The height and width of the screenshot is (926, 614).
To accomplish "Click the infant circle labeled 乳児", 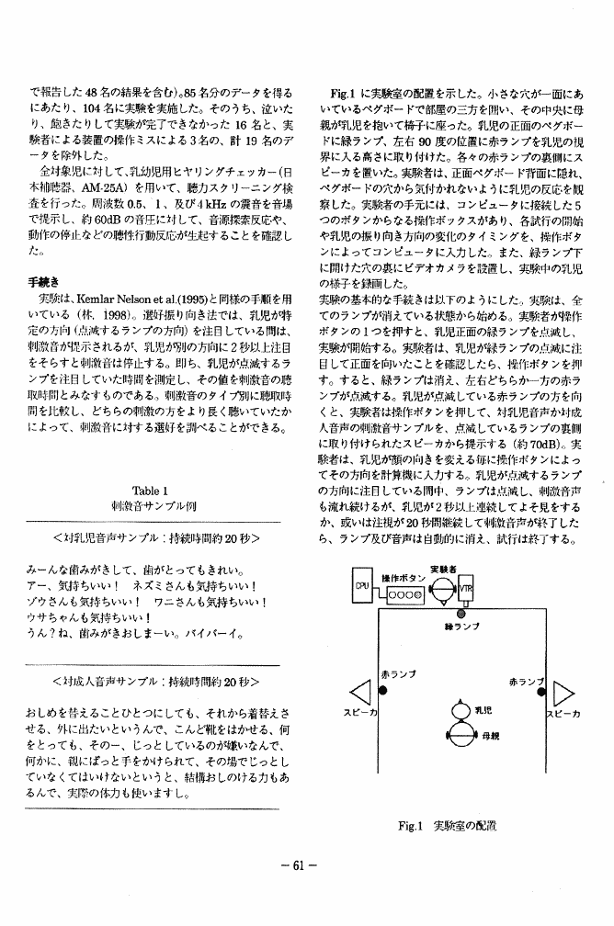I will pos(460,710).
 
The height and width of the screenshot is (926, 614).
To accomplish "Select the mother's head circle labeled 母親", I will pos(460,734).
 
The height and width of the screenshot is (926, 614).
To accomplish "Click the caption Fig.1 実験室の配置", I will pos(447,825).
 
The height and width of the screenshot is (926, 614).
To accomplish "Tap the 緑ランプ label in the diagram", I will pos(460,627).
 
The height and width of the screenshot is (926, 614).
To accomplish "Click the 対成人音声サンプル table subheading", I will pos(155,683).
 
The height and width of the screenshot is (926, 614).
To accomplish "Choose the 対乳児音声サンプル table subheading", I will pos(155,536).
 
